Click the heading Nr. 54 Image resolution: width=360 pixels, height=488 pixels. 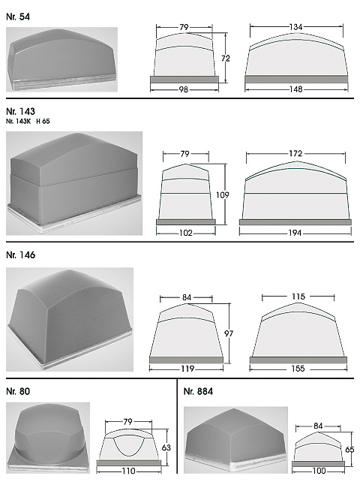(x=18, y=17)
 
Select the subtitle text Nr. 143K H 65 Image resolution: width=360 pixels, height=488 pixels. (x=28, y=121)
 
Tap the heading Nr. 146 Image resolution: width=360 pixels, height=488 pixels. (x=20, y=255)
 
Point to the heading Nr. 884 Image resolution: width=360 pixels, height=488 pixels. (x=198, y=391)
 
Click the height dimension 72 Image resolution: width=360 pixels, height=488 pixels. (x=226, y=59)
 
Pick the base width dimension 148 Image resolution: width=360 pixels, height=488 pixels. (x=295, y=89)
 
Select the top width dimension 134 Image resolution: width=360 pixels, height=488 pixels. (x=295, y=27)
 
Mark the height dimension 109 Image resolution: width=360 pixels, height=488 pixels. (x=222, y=195)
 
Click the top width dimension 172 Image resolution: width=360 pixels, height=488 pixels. (x=295, y=153)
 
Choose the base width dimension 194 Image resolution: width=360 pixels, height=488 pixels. (x=295, y=233)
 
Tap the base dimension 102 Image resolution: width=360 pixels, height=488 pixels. (x=185, y=233)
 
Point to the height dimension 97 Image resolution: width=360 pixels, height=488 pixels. (x=229, y=333)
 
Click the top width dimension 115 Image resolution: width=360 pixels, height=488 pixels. (x=298, y=297)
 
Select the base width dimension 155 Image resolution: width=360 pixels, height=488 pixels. (x=298, y=369)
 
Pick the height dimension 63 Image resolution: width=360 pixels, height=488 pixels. (x=166, y=447)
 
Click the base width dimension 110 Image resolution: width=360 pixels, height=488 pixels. (x=129, y=471)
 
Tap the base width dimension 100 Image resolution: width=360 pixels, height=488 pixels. (x=318, y=471)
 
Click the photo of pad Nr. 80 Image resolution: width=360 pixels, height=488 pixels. (x=48, y=438)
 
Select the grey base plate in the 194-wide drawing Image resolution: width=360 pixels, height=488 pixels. (x=295, y=222)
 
